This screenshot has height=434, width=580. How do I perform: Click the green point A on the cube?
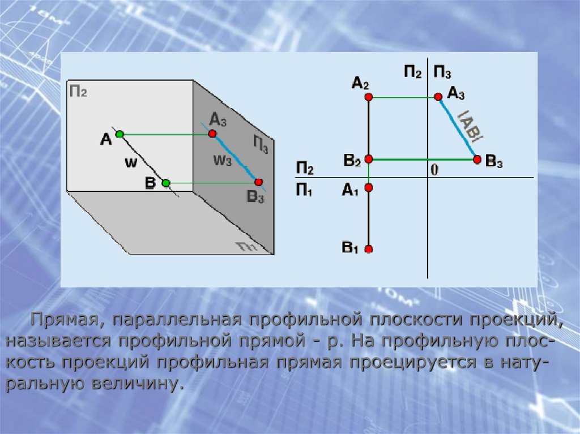[120, 134]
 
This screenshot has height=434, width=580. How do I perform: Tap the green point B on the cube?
[165, 183]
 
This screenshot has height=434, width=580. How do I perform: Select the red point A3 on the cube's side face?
[212, 134]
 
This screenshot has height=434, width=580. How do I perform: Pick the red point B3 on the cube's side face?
[258, 182]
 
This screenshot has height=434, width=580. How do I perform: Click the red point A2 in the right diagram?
[369, 97]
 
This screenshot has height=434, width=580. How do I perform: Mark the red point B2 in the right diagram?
[369, 160]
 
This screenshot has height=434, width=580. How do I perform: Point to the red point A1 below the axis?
[369, 187]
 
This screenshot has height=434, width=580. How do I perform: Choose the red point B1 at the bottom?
[369, 249]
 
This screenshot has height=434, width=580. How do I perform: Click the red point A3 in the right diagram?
[438, 97]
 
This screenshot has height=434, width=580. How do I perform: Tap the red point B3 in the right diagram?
[477, 160]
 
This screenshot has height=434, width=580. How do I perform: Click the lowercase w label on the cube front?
[130, 163]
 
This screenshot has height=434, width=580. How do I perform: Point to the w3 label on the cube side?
[222, 160]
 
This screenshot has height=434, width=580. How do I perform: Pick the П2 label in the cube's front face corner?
[78, 91]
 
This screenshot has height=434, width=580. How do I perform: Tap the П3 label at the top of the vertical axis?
[442, 71]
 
